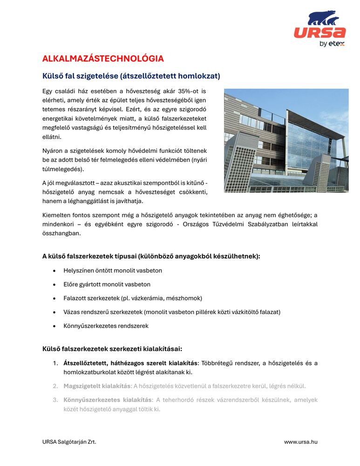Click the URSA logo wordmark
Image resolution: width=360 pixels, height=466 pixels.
coord(319,33)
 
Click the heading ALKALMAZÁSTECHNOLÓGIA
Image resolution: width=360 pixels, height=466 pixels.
coord(103,59)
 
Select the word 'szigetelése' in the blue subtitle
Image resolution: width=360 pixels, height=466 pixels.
coord(98,75)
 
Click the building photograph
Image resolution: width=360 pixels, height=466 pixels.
coord(286,141)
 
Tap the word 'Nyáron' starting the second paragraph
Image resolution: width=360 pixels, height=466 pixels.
coord(53,151)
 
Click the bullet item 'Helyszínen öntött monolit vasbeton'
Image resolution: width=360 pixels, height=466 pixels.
coord(113,270)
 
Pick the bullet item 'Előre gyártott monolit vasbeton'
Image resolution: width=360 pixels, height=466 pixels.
coord(107,284)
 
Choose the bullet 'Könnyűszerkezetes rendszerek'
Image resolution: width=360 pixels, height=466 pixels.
coord(106,326)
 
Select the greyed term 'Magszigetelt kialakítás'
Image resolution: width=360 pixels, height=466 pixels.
coord(97,386)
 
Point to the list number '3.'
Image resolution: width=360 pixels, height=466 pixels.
coord(55,400)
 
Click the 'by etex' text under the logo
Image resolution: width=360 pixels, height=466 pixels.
coord(332,44)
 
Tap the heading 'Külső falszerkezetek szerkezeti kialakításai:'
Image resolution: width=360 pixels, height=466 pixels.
coord(112,349)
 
